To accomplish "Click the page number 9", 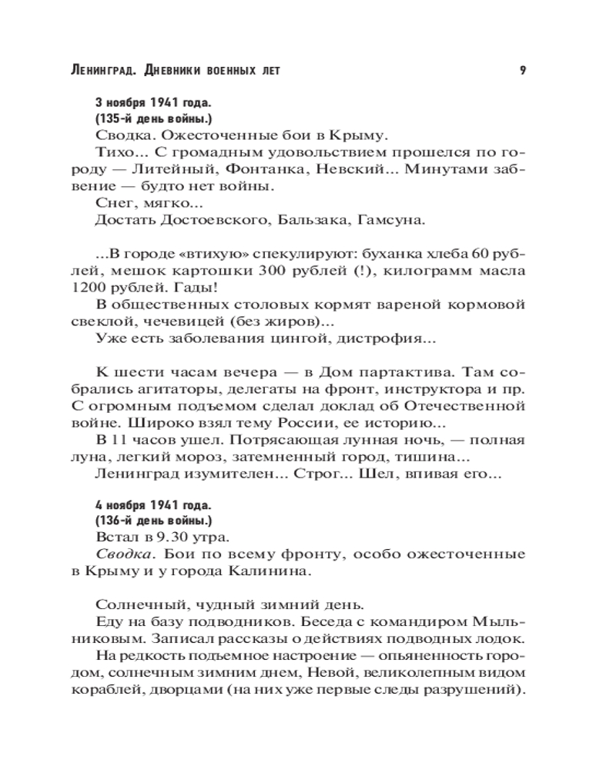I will pyautogui.click(x=522, y=71).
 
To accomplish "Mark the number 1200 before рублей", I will pyautogui.click(x=110, y=288).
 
